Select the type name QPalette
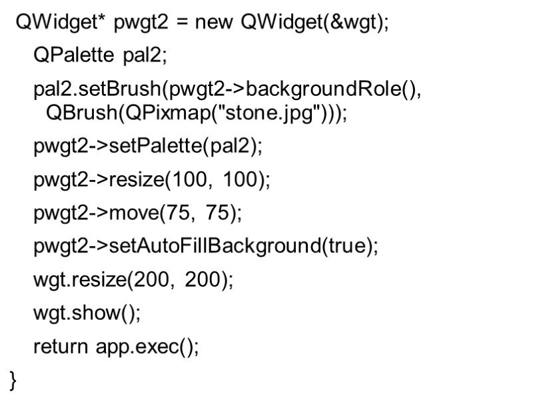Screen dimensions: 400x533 (x=74, y=56)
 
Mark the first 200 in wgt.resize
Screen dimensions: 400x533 (x=150, y=280)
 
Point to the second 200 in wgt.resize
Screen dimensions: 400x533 (x=203, y=280)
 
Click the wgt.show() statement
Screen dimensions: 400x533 (x=87, y=313)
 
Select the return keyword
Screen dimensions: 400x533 (x=61, y=347)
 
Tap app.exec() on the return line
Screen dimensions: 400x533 (x=147, y=347)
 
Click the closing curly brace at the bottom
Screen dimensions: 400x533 (x=14, y=380)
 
